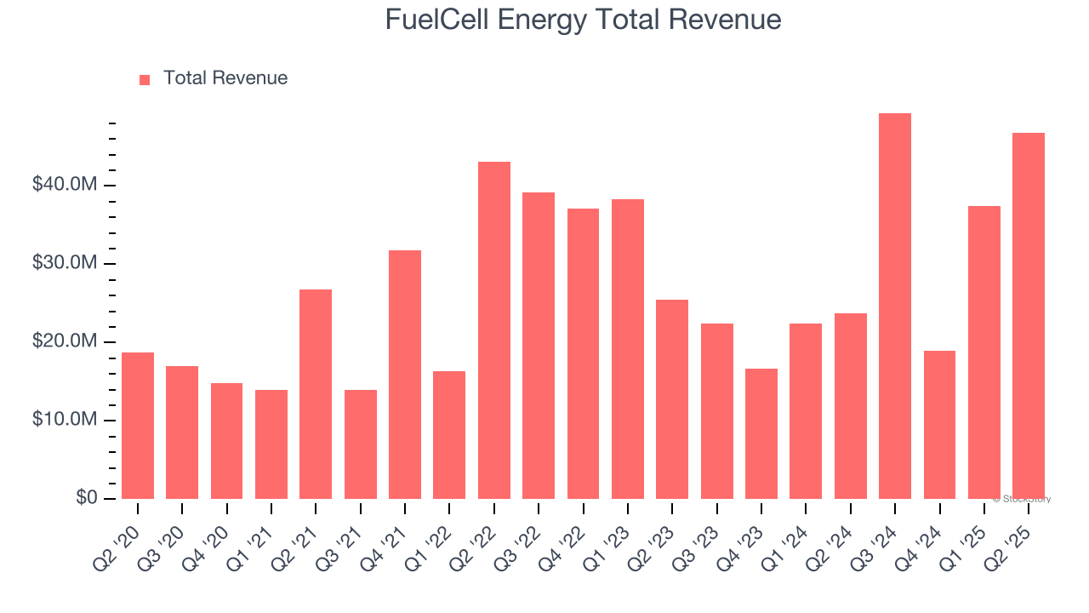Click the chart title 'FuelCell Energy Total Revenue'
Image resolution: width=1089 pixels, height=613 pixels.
pos(583,19)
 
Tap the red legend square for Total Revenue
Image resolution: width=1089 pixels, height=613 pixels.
pos(145,79)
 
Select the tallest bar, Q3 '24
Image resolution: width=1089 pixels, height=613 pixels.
pos(895,306)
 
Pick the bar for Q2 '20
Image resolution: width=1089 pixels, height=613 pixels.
pos(138,426)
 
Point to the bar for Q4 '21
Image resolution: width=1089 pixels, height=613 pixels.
pos(405,375)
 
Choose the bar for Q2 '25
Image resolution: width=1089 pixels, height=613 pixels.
pos(1029,316)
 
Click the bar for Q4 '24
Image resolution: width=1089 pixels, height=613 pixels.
pos(939,425)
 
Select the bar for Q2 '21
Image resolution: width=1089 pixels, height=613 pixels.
pos(316,394)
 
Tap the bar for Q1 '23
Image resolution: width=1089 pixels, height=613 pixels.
pos(628,349)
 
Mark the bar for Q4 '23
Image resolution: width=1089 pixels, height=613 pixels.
pos(761,433)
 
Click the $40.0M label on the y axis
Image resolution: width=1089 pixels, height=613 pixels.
pos(65,185)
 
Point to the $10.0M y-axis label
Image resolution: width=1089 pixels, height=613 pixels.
pos(65,420)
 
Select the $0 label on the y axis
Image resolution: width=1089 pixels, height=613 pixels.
pos(86,497)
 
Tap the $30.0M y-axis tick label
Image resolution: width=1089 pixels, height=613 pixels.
pos(65,263)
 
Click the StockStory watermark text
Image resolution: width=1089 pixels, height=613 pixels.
pos(1022,499)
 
